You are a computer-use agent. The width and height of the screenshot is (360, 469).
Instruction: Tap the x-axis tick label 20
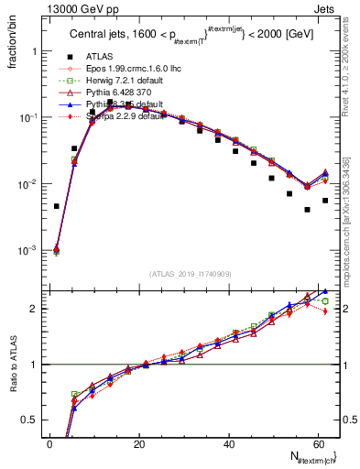tap(139, 444)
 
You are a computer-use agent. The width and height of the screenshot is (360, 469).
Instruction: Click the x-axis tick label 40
tap(229, 444)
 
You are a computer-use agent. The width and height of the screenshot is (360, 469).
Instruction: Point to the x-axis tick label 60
tap(318, 444)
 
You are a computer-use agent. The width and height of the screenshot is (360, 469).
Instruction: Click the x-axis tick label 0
tap(50, 444)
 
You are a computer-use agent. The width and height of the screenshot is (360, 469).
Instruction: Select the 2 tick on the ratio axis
tap(36, 309)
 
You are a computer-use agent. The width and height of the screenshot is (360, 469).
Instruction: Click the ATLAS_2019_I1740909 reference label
tap(191, 274)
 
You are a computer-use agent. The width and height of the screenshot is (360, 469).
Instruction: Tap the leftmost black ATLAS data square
tap(57, 206)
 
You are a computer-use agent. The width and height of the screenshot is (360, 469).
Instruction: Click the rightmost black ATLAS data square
tap(325, 201)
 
